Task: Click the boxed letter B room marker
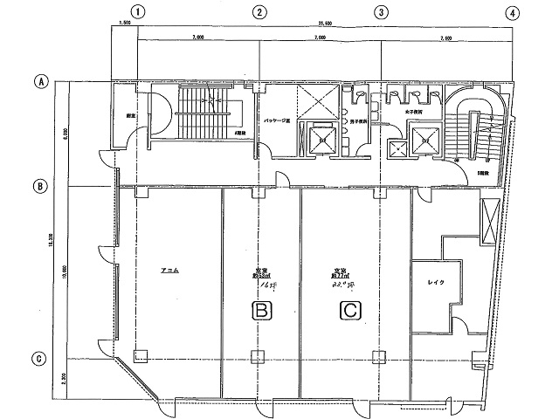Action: click(x=259, y=309)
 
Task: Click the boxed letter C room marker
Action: click(x=349, y=309)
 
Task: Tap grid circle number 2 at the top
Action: click(x=259, y=12)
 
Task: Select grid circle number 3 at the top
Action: click(x=381, y=12)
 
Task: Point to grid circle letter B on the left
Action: click(x=40, y=186)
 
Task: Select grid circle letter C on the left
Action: click(x=40, y=358)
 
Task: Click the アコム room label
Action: click(x=170, y=271)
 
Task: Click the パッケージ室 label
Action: click(x=277, y=121)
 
